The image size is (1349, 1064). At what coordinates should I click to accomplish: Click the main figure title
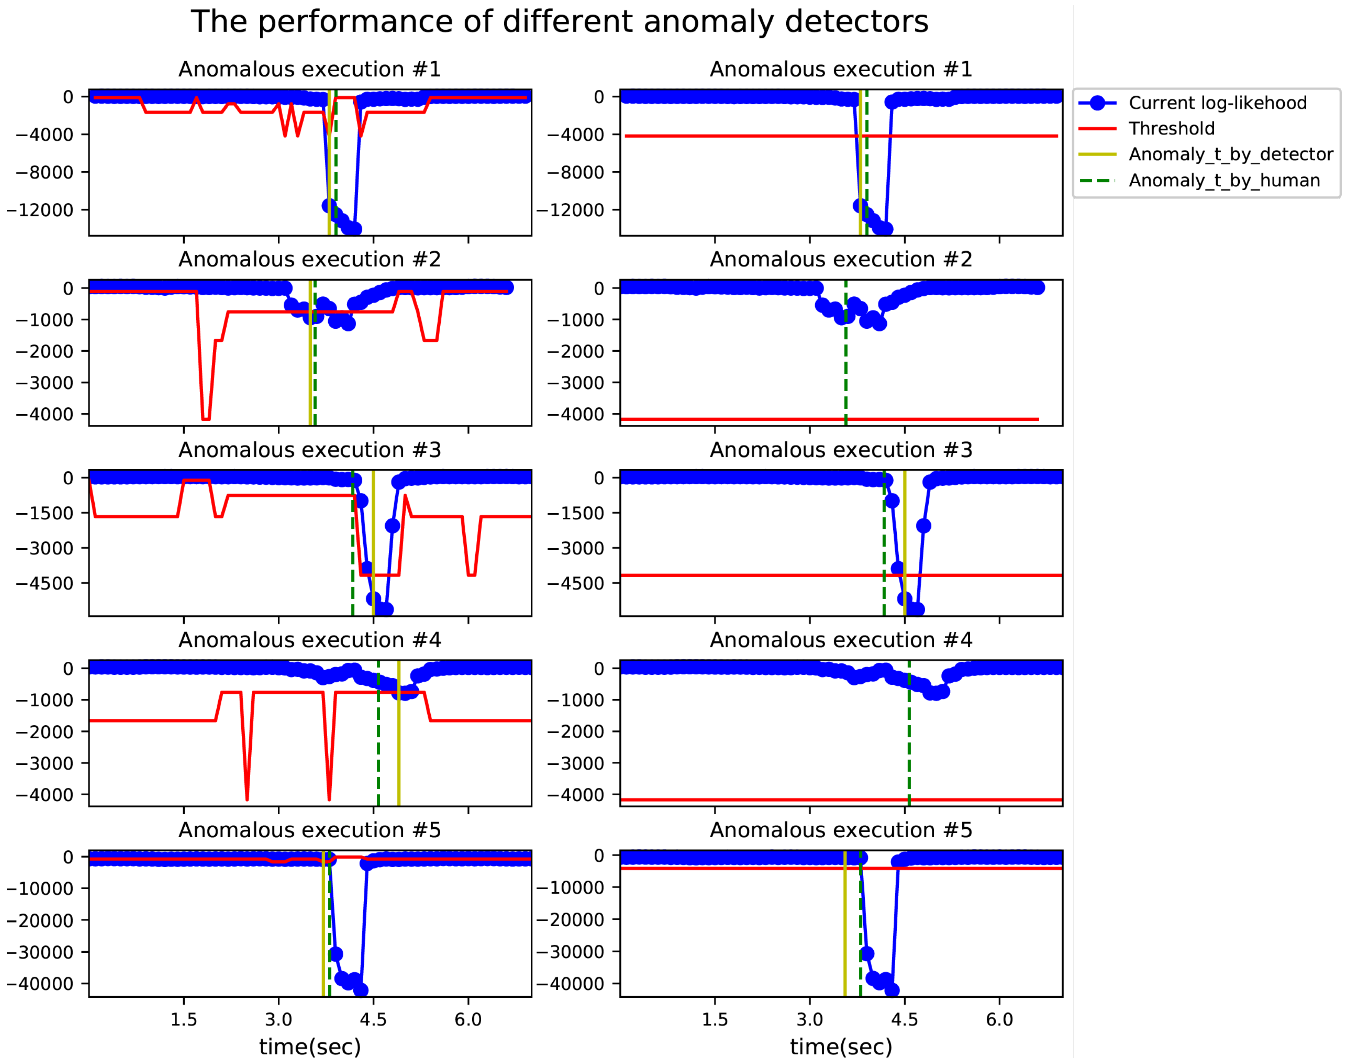(559, 22)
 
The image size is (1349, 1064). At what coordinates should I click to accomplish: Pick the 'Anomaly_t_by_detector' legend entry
(1230, 154)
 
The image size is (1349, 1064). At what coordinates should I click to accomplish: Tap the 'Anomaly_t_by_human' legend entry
(1224, 180)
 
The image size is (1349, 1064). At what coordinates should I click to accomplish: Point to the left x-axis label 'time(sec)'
(309, 1047)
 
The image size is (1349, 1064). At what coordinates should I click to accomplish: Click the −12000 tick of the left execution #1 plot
(40, 210)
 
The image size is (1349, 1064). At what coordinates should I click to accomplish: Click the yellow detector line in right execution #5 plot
(844, 934)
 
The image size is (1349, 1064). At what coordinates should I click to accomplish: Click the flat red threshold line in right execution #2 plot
(747, 419)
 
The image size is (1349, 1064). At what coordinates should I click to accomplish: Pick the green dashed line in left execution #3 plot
(353, 560)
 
